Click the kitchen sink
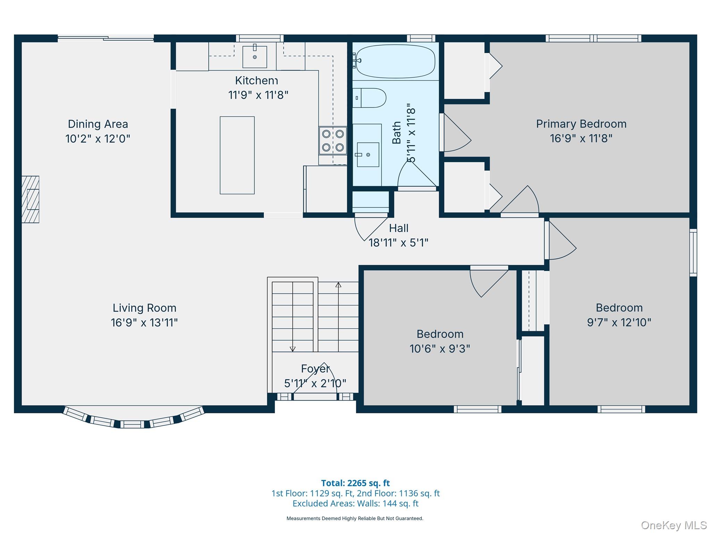coord(254,57)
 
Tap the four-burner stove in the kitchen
coord(333,141)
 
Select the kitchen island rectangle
coord(237,155)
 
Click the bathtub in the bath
coord(395,61)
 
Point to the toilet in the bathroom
coord(370,98)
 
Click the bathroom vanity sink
coord(368,154)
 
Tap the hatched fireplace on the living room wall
coord(31,199)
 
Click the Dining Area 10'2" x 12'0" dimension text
coord(98,139)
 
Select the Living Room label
coord(144,308)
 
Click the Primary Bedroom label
coord(581,124)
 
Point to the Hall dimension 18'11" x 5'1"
coord(398,243)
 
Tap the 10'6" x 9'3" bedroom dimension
coord(440,348)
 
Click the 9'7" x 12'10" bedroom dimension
coord(619,322)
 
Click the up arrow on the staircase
coord(338,285)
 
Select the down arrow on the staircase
coord(293,348)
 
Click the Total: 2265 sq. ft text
coord(355,483)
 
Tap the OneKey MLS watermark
coord(674,525)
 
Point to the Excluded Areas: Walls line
coord(355,504)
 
